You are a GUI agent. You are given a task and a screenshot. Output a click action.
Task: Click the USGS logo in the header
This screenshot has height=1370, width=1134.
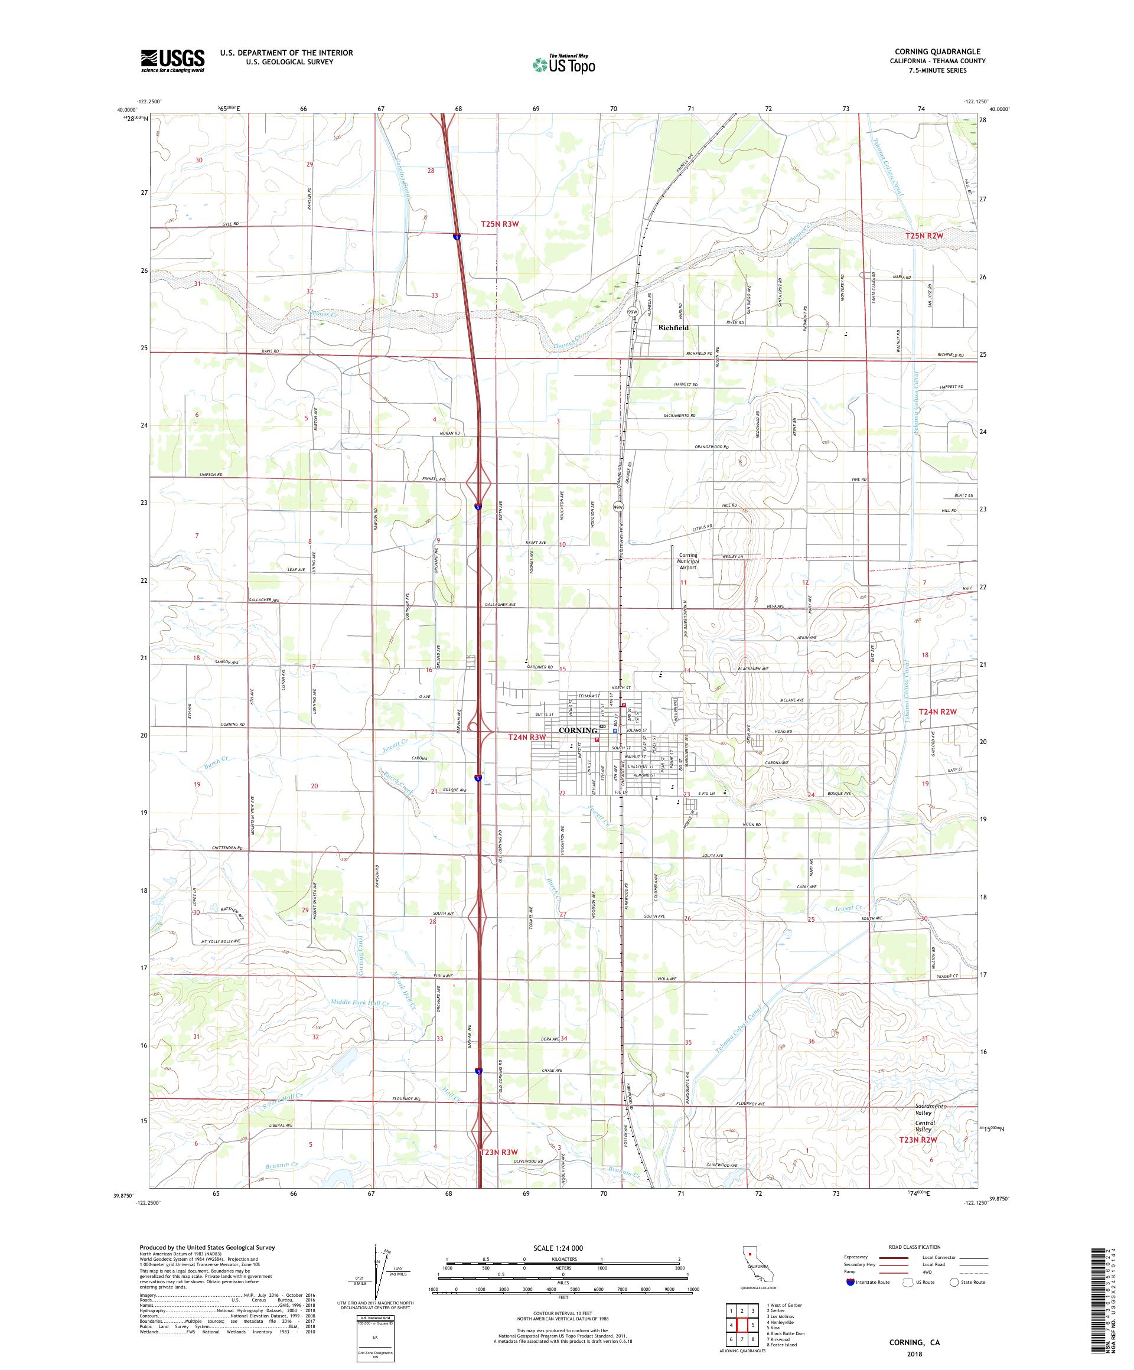(172, 61)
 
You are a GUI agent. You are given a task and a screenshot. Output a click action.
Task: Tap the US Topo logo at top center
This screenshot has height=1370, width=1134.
(563, 64)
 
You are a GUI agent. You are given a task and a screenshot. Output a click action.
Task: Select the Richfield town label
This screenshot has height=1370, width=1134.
(673, 328)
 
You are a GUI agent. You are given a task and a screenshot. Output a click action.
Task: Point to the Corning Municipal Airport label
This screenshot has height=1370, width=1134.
(687, 562)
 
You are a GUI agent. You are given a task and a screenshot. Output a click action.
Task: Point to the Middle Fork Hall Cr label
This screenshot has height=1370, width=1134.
(360, 1002)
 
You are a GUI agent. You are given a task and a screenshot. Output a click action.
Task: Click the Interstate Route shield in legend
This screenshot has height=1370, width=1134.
(849, 1282)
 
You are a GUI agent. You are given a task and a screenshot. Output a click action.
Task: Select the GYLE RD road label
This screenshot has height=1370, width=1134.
(230, 224)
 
